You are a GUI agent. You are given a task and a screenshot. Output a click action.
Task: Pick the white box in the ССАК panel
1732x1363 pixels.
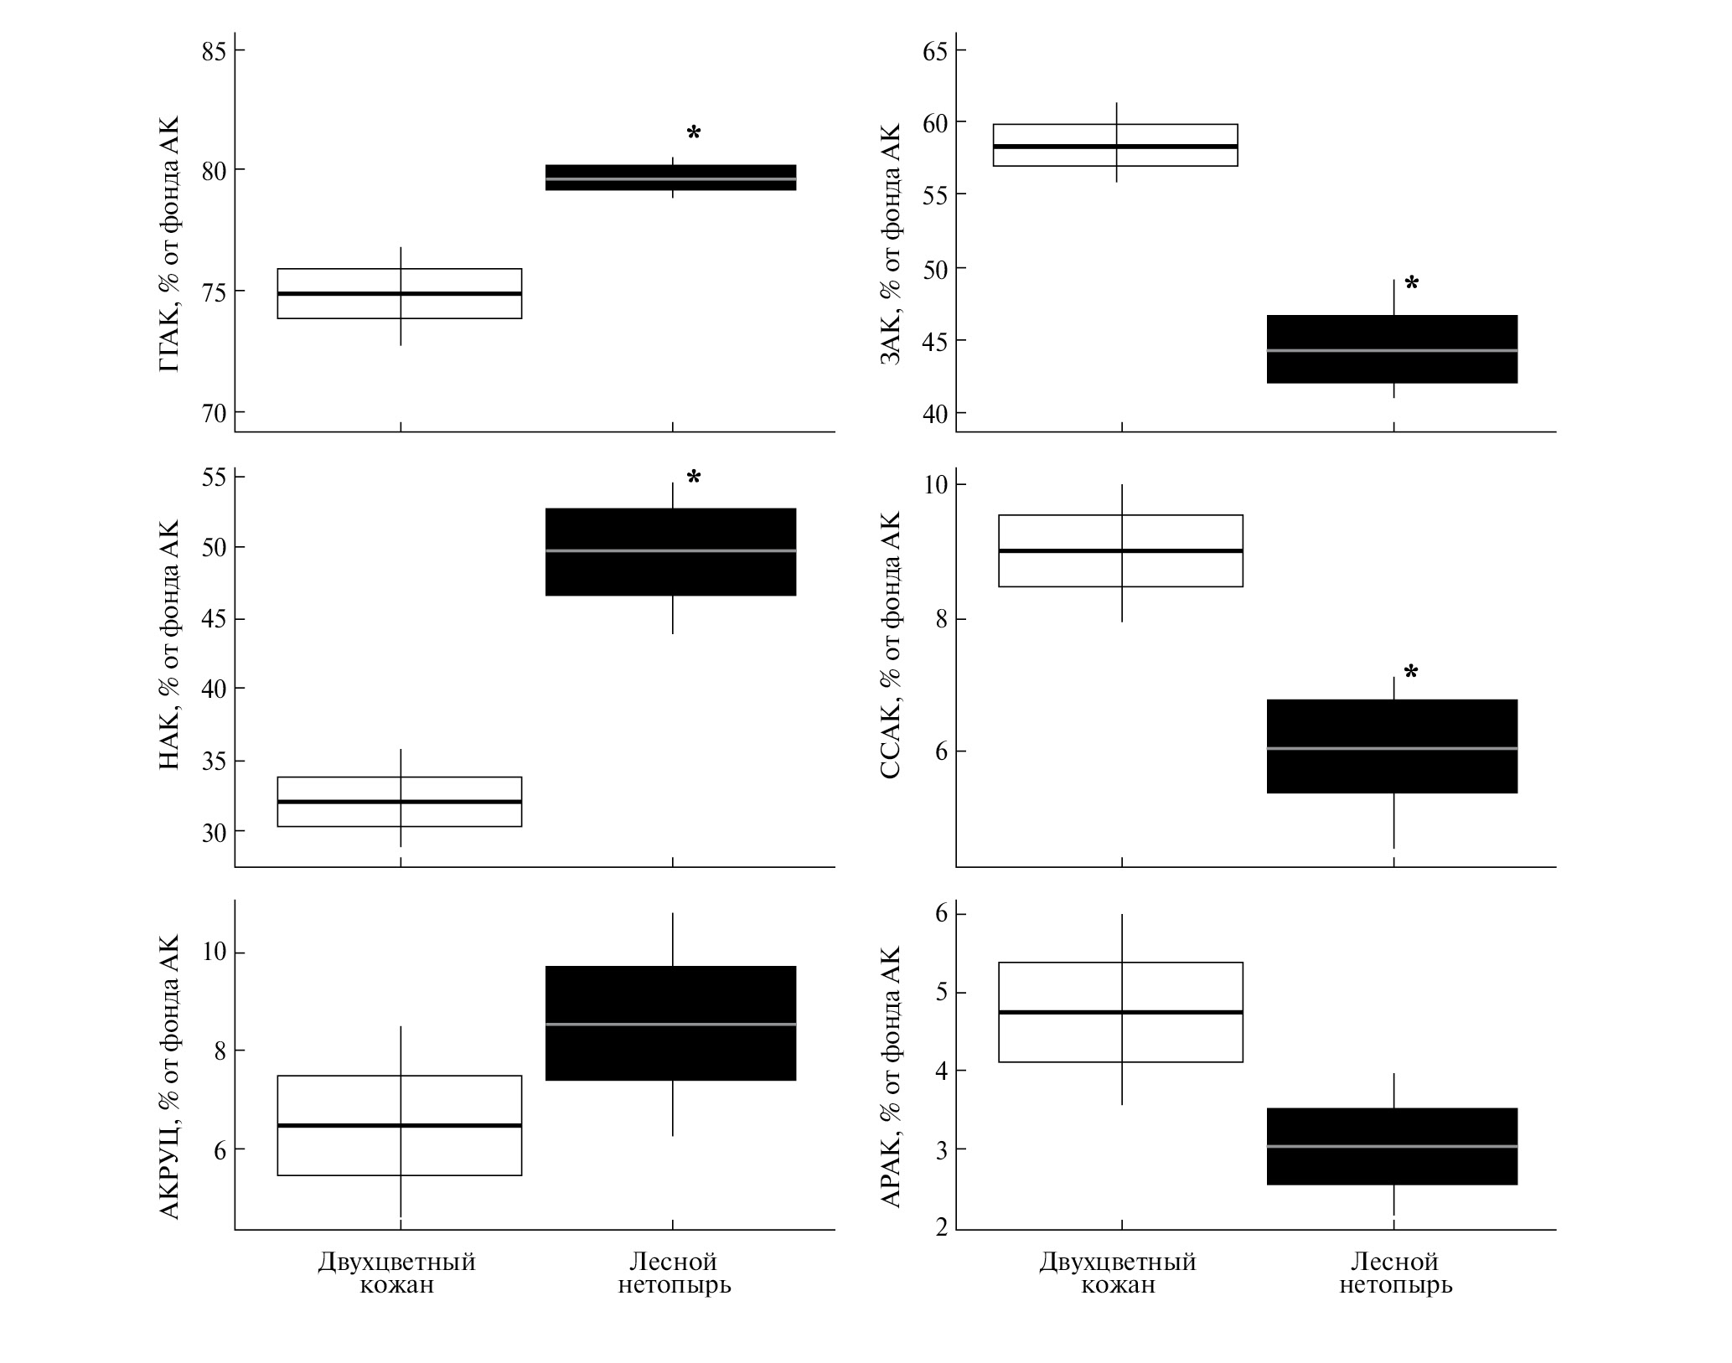[x=1120, y=550]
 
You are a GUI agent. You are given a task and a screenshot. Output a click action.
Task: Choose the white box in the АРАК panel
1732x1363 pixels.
[x=1120, y=1012]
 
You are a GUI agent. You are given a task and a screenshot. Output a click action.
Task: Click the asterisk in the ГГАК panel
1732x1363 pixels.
[x=694, y=133]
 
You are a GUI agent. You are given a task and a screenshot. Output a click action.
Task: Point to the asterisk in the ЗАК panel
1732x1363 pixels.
[x=1412, y=284]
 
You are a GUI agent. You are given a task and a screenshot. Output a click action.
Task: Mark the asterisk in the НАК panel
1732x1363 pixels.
[x=694, y=478]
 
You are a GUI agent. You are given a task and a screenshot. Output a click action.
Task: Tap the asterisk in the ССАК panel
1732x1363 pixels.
[x=1412, y=672]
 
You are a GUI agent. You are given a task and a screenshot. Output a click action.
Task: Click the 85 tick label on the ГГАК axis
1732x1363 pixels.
[x=213, y=51]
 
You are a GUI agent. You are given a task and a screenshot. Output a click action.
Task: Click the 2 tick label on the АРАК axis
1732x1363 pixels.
[x=942, y=1227]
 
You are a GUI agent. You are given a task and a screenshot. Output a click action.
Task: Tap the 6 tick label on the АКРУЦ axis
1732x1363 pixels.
[x=220, y=1149]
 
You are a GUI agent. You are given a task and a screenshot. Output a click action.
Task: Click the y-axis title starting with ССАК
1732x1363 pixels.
[x=891, y=645]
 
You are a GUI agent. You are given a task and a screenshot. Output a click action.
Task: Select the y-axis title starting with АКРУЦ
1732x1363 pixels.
[x=169, y=1076]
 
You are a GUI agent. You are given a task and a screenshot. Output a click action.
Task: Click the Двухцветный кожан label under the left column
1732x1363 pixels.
[x=396, y=1273]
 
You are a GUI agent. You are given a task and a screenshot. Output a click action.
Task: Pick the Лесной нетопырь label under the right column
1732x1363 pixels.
[x=1395, y=1273]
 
